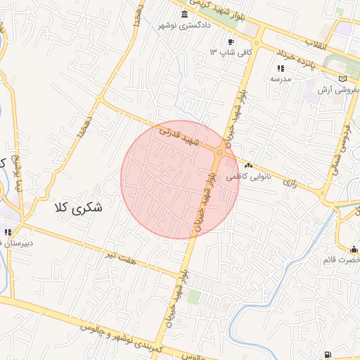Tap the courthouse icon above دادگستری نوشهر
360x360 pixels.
coord(184,15)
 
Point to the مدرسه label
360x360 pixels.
coord(281,79)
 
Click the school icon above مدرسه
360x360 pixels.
coord(281,68)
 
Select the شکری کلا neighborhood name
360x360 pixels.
coord(77,208)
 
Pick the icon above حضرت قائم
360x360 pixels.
coord(353,249)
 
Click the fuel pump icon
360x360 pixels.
coord(328,354)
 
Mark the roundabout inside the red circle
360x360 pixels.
coord(221,152)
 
